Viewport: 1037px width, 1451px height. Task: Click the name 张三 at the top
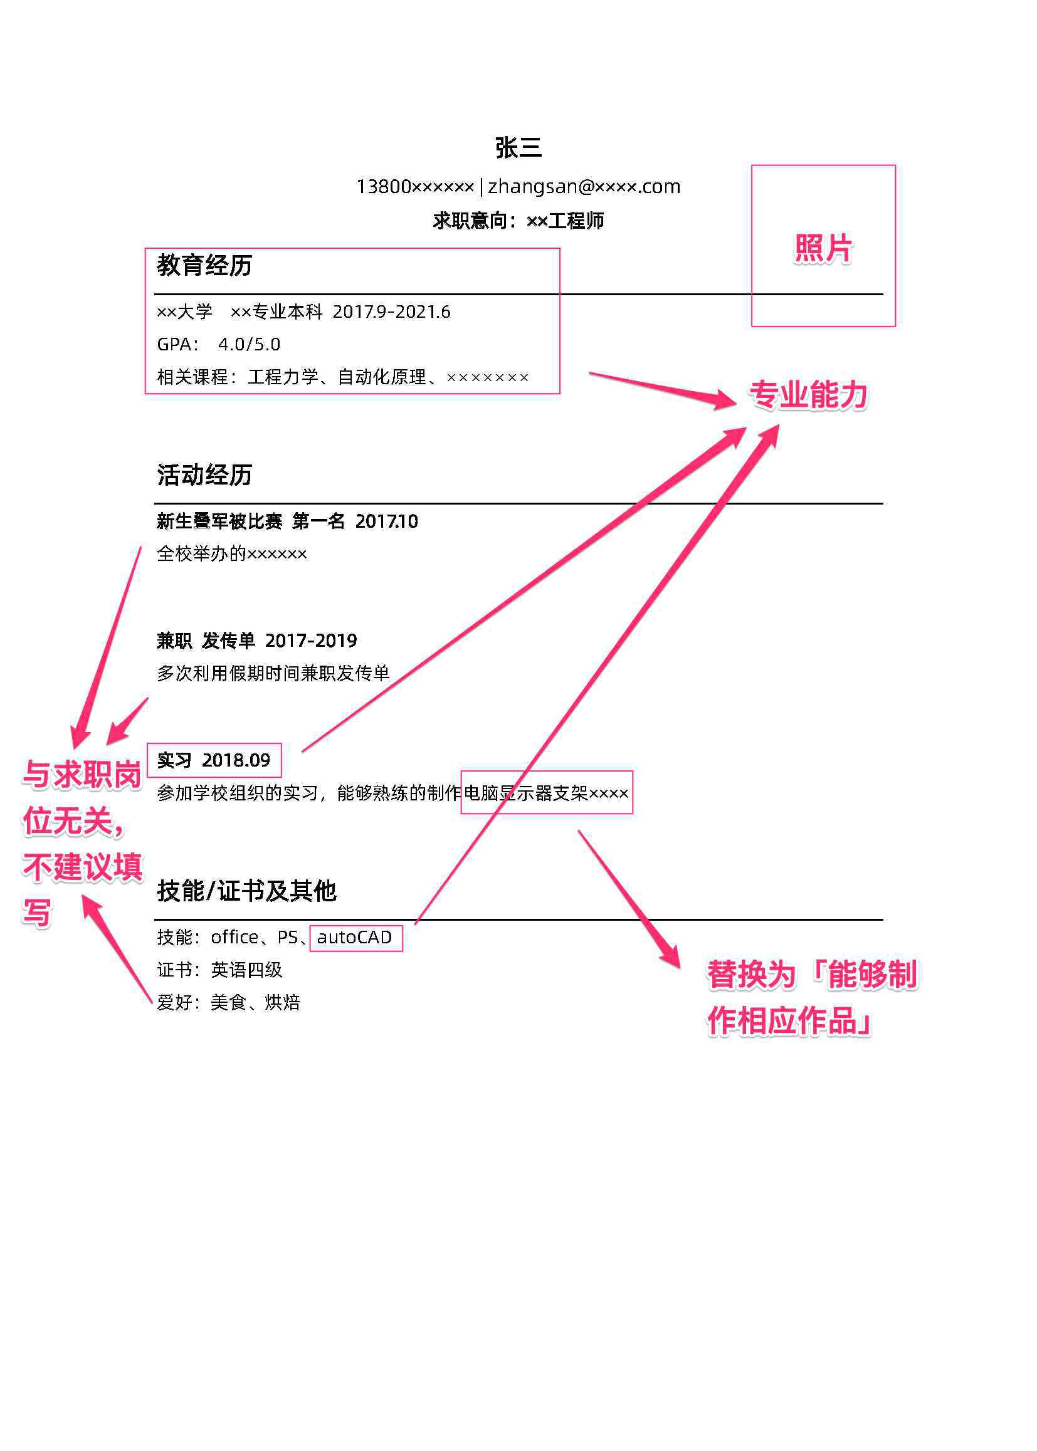pyautogui.click(x=518, y=147)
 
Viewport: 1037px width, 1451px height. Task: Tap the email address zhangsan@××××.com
pyautogui.click(x=584, y=186)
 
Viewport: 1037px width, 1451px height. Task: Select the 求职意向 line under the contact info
pyautogui.click(x=518, y=221)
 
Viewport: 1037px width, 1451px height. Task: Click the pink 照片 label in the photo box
pyautogui.click(x=823, y=248)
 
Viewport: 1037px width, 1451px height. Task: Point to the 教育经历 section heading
pyautogui.click(x=204, y=265)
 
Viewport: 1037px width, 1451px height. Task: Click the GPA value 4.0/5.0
pyautogui.click(x=249, y=344)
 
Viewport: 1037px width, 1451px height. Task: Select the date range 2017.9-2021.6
pyautogui.click(x=391, y=312)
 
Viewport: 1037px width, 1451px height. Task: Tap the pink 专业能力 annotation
pyautogui.click(x=808, y=394)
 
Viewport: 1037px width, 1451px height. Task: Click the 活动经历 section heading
pyautogui.click(x=204, y=474)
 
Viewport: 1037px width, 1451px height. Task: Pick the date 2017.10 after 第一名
pyautogui.click(x=386, y=521)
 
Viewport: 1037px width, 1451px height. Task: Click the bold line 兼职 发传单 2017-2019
pyautogui.click(x=256, y=641)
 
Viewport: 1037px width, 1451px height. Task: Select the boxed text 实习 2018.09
pyautogui.click(x=213, y=760)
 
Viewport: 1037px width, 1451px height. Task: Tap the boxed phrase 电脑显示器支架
pyautogui.click(x=525, y=793)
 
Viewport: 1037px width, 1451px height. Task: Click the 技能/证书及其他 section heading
pyautogui.click(x=246, y=891)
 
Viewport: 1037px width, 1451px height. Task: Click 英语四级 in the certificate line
pyautogui.click(x=246, y=970)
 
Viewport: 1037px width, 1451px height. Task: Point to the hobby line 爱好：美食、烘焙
pyautogui.click(x=229, y=1002)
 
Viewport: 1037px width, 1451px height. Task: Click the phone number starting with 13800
pyautogui.click(x=415, y=186)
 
